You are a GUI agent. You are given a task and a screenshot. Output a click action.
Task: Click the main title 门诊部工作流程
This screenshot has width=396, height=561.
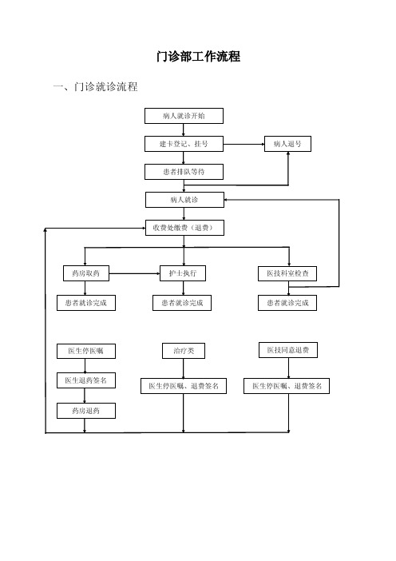198,57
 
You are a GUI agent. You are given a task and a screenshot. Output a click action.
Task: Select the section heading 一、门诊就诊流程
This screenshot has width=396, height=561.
96,86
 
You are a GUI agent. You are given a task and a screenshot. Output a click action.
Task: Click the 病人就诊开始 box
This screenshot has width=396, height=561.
184,116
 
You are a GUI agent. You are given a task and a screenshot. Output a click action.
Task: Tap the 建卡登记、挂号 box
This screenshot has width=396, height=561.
184,144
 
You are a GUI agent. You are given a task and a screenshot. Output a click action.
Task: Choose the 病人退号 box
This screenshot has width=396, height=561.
287,144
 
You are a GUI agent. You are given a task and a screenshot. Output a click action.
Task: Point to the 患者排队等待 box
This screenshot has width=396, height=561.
184,172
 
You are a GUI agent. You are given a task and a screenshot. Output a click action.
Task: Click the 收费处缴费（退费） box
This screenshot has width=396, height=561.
184,228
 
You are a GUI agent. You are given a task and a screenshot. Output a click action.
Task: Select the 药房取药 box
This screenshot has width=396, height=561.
86,273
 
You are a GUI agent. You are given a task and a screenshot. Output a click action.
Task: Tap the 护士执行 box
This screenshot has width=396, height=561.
183,273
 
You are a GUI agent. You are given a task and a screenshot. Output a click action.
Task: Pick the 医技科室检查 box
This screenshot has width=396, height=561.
287,273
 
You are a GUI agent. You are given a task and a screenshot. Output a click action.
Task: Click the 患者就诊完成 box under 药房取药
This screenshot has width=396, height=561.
86,303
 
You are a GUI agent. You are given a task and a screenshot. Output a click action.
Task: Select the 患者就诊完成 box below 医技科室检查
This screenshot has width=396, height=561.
287,303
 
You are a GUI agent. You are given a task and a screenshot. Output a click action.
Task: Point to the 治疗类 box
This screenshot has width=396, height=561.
184,351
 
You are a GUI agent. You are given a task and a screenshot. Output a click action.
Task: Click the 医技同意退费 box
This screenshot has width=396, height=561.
288,350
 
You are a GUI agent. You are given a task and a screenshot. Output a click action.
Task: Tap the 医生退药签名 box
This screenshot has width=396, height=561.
86,380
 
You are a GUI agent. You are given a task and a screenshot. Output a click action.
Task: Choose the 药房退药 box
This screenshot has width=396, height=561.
86,411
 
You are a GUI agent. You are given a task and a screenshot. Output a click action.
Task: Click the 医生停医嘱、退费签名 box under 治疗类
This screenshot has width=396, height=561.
184,386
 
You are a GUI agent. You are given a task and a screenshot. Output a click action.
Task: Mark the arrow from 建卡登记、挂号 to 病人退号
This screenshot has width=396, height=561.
244,144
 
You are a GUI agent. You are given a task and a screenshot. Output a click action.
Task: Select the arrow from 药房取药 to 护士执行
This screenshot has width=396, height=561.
134,273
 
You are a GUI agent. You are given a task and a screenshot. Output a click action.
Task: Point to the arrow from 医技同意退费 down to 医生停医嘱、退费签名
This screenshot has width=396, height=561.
288,368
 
